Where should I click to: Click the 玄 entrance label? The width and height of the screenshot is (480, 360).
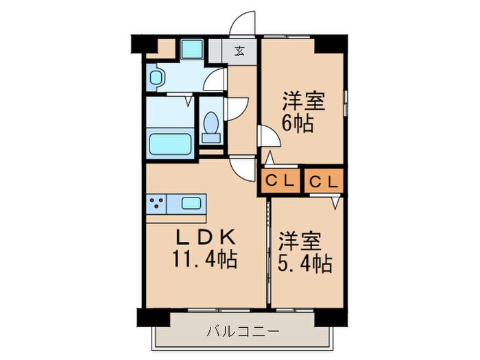[x=240, y=50]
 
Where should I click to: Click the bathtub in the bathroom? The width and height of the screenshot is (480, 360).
[x=169, y=145]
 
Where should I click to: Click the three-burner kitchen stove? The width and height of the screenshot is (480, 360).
[x=157, y=202]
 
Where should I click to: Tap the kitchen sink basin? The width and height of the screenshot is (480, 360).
[x=192, y=203]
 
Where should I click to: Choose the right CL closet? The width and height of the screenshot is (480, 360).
[x=322, y=181]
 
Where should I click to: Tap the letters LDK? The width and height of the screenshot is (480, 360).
[x=206, y=238]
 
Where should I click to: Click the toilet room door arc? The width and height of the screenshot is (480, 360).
[x=237, y=108]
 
